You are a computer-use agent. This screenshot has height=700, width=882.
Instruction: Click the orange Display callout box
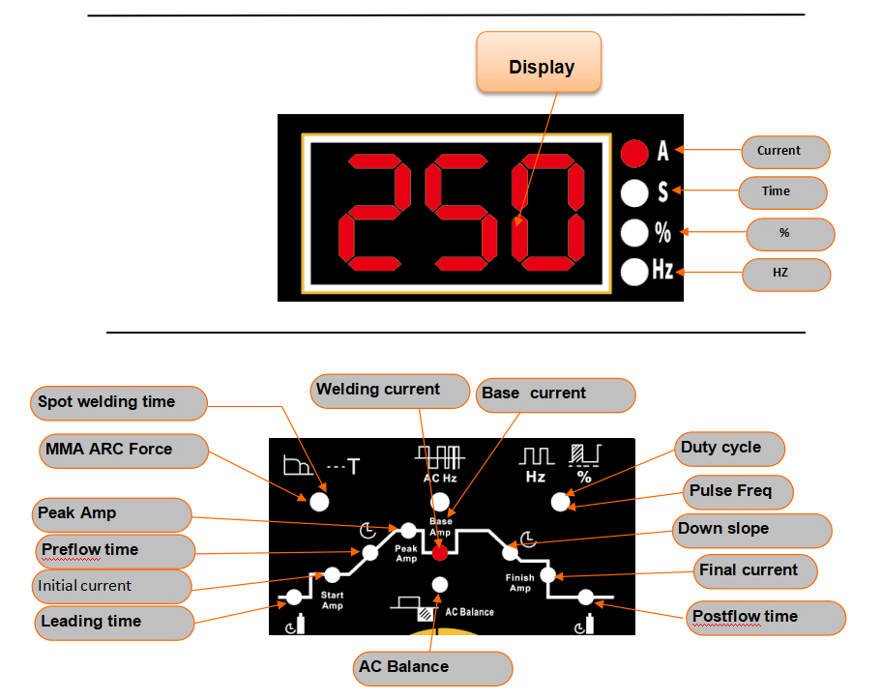tap(539, 62)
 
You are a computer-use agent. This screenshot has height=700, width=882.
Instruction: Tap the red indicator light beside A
tap(634, 153)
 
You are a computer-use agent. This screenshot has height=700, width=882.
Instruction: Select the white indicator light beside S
tap(634, 192)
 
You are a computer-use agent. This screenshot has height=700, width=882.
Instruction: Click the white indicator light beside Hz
tap(634, 272)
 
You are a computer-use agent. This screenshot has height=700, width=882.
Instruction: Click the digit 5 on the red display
tap(460, 212)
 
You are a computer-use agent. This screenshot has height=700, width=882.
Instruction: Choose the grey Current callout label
tap(785, 152)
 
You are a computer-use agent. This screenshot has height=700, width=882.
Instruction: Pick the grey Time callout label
tap(782, 192)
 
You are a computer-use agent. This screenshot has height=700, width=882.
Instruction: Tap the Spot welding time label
tap(119, 402)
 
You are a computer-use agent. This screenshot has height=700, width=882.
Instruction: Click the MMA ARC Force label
tap(124, 451)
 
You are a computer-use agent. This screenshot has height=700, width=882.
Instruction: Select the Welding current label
tap(390, 391)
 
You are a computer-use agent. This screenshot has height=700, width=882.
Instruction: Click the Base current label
tap(556, 394)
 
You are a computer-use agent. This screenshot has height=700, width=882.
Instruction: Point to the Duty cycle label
tap(729, 449)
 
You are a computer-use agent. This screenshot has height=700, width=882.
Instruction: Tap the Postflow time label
tap(766, 618)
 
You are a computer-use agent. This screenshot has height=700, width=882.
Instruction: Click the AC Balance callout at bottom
tap(432, 668)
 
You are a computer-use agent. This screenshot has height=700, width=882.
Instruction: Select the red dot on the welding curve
tap(440, 553)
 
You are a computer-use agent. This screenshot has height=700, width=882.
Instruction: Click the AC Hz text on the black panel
tap(440, 478)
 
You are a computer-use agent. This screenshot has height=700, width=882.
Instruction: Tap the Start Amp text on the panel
tap(333, 599)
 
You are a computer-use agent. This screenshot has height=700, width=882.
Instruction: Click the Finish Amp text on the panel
tap(519, 582)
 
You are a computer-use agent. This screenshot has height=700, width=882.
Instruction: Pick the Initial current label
tap(112, 587)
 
